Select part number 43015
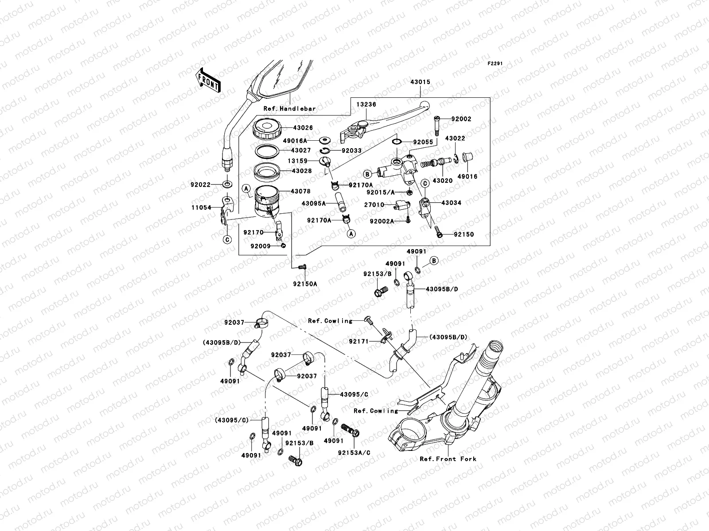pos(420,82)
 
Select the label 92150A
pos(305,284)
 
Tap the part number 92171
pos(358,342)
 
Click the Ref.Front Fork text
pos(448,459)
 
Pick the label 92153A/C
pos(354,453)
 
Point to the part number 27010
pos(374,205)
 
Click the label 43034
pos(451,203)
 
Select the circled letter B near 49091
pos(434,261)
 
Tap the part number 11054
pos(201,207)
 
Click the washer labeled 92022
pos(227,183)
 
